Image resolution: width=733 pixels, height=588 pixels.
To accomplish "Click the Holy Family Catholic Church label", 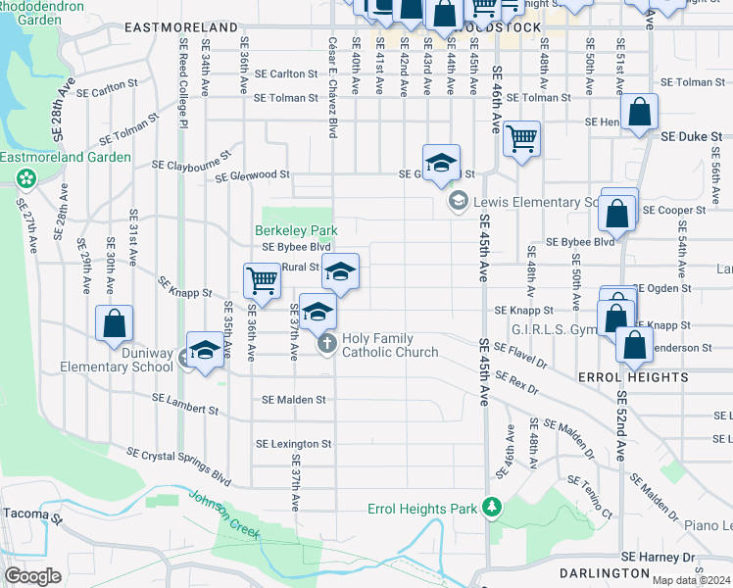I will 390,345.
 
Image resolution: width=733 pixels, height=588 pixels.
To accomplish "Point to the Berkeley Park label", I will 296,230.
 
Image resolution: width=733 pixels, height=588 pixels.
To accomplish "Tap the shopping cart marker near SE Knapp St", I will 262,281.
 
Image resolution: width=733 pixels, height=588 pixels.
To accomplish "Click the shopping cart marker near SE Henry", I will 522,138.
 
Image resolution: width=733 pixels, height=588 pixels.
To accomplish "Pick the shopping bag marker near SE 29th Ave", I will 115,321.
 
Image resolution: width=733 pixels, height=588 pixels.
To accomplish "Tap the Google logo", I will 33,576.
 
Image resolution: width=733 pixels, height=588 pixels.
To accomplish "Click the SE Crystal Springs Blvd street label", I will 179,465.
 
